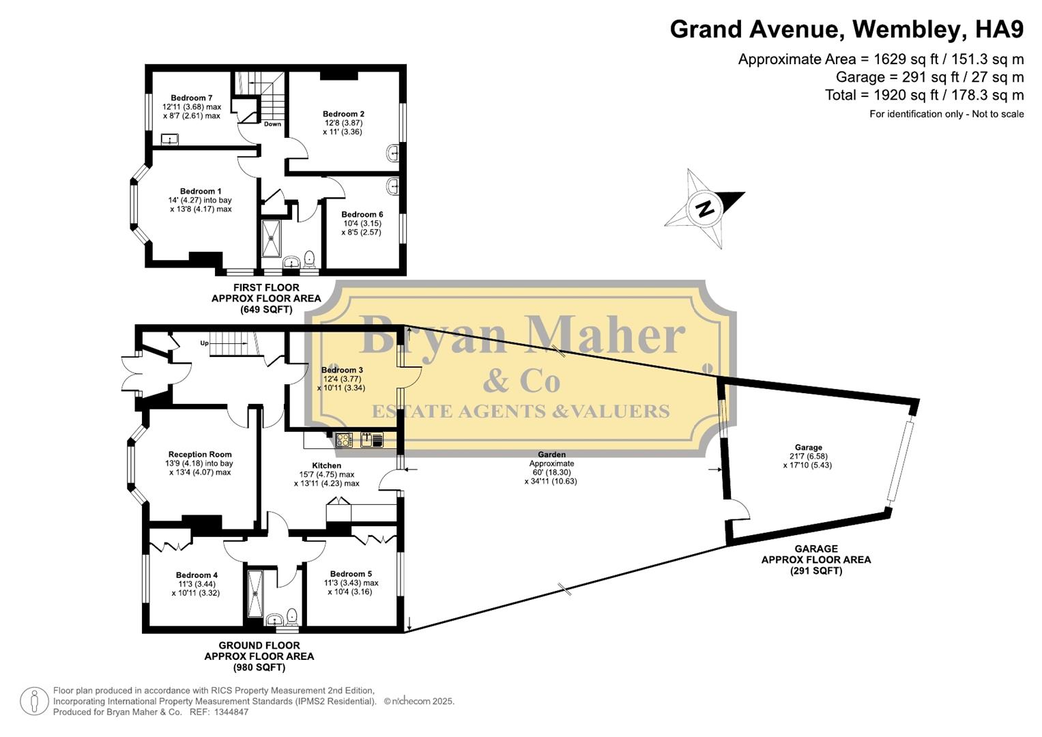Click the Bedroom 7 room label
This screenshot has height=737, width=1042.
tap(192, 98)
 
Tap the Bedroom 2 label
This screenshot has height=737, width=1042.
tap(343, 114)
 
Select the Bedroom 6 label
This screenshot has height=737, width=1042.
tap(362, 214)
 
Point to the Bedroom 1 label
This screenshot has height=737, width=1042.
tap(201, 192)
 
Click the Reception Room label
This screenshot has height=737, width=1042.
tap(200, 454)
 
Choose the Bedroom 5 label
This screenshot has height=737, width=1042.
tap(351, 574)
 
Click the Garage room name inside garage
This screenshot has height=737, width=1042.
tap(808, 448)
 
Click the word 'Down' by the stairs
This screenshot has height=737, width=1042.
tap(272, 124)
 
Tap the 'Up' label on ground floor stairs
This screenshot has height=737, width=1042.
tap(204, 343)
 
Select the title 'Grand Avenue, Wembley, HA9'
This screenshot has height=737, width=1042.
tap(846, 29)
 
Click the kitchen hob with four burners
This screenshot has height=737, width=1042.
tap(344, 440)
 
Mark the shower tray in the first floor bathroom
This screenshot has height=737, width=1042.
tap(272, 237)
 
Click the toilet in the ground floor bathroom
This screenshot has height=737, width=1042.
tap(292, 616)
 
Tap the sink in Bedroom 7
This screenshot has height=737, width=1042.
tap(169, 140)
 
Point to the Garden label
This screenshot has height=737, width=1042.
tap(551, 454)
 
